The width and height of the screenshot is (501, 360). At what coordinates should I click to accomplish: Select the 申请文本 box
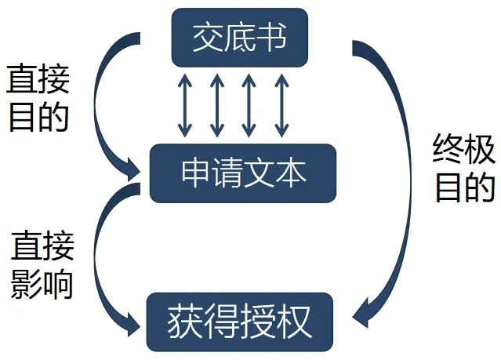243,173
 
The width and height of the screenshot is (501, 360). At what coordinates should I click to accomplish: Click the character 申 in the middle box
195,173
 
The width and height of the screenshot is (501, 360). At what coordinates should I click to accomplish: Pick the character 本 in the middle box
291,173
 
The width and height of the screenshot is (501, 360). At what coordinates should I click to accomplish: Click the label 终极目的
465,167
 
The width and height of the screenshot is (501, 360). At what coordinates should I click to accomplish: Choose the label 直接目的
38,97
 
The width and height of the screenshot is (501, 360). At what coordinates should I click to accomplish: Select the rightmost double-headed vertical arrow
281,104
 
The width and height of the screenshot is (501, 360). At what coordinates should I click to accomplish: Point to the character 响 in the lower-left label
58,284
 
